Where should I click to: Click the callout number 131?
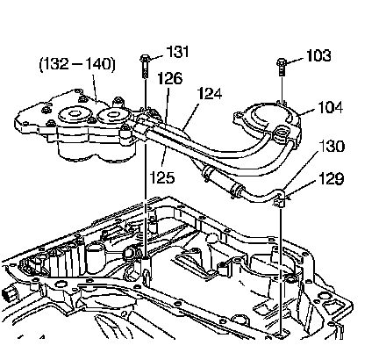pyautogui.click(x=177, y=52)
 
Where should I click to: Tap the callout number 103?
pyautogui.click(x=318, y=55)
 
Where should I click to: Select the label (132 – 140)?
pyautogui.click(x=77, y=64)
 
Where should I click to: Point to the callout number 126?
pyautogui.click(x=170, y=78)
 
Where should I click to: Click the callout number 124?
pyautogui.click(x=210, y=94)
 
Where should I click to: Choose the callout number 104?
pyautogui.click(x=330, y=107)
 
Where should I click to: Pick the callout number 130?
pyautogui.click(x=332, y=146)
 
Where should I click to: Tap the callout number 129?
pyautogui.click(x=331, y=178)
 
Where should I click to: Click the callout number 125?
pyautogui.click(x=162, y=177)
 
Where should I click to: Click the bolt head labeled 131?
pyautogui.click(x=145, y=59)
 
